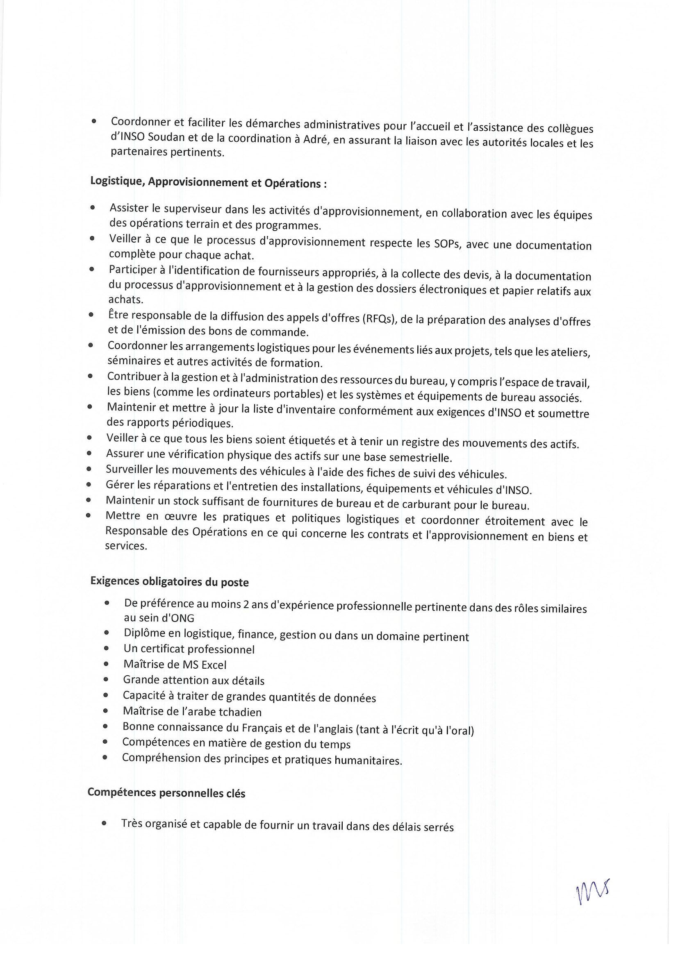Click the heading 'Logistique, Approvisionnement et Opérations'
tap(208, 182)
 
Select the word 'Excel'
tap(214, 665)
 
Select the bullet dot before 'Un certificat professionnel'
tap(107, 648)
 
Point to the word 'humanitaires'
tap(370, 760)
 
